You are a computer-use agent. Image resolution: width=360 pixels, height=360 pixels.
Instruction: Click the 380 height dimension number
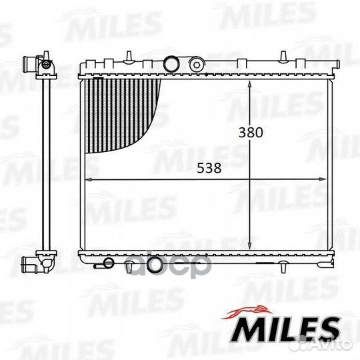tap(251, 133)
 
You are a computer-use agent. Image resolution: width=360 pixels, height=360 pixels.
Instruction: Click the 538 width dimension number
tap(209, 168)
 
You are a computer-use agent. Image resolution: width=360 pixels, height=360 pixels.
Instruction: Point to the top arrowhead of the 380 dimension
tap(250, 84)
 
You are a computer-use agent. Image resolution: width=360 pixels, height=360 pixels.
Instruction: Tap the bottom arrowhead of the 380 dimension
tap(250, 245)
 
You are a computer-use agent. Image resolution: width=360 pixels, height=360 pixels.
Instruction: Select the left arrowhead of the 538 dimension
tap(89, 179)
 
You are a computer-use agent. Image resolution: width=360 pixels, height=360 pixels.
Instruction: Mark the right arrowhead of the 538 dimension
tap(322, 179)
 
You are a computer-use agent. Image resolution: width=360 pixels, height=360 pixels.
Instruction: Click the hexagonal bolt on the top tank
tap(197, 65)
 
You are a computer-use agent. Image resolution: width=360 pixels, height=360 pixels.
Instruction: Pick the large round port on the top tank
tap(171, 64)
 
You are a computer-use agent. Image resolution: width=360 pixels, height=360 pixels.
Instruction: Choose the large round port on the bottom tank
tap(153, 265)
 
